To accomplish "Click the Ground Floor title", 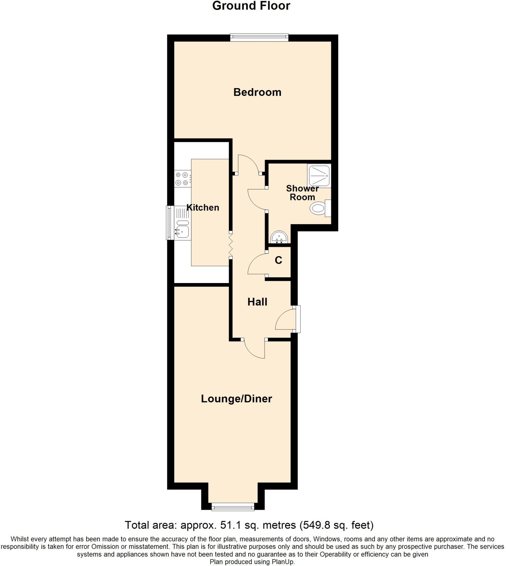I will tap(251, 6).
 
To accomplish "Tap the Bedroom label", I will tap(257, 92).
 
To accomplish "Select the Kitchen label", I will tap(203, 208).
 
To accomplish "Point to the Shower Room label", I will tap(302, 193).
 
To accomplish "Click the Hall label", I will tap(257, 302).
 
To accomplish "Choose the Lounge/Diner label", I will tap(236, 399).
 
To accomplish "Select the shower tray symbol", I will tap(319, 175).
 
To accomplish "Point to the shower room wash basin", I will tap(279, 238).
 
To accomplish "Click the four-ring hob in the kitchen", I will tap(182, 179).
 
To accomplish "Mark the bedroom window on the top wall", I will tap(259, 38).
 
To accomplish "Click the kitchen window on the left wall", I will tap(169, 222).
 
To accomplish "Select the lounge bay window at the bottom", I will tap(233, 507).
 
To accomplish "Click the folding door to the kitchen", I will tap(231, 245).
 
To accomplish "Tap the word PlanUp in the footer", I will tap(284, 562).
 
